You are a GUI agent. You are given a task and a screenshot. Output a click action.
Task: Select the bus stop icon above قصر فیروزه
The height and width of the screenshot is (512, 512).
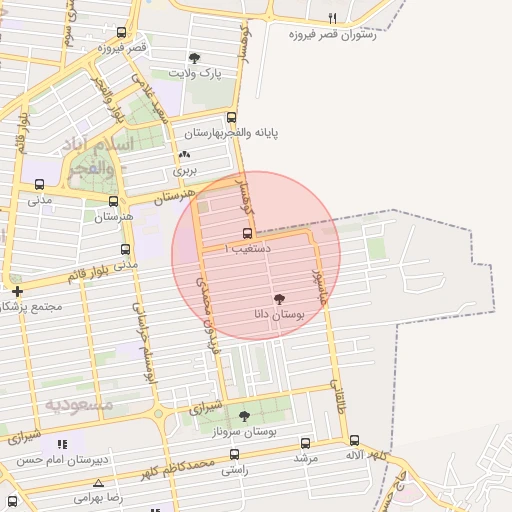(122, 32)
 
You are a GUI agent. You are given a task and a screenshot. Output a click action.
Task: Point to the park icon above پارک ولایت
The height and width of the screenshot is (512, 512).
(194, 58)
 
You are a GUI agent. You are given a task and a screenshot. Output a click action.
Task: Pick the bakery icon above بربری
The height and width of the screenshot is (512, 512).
(184, 155)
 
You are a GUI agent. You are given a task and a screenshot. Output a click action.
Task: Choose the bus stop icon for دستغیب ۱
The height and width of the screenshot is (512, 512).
(247, 232)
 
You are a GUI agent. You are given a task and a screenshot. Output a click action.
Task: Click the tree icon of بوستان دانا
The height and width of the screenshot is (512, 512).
(279, 300)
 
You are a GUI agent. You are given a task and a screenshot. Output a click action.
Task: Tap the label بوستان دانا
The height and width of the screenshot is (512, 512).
(278, 315)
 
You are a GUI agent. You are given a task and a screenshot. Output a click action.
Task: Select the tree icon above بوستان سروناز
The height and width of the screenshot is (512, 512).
(244, 416)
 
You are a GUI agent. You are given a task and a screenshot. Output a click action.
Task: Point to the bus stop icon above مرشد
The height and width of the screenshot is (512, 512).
(305, 443)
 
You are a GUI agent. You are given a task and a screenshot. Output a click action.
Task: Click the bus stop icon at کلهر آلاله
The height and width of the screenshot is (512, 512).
(354, 440)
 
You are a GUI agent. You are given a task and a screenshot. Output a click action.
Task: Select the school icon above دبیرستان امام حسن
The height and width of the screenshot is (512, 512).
(63, 444)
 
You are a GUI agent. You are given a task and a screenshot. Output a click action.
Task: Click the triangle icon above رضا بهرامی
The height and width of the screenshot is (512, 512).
(97, 482)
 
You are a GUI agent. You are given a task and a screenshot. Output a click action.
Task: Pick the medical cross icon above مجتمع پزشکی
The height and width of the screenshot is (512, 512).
(17, 291)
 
